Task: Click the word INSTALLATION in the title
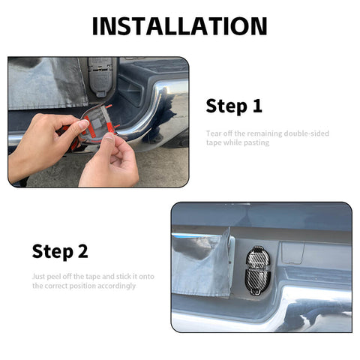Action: (179, 25)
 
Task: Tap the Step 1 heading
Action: (234, 106)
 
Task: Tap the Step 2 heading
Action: (60, 251)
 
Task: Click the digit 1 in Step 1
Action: (257, 106)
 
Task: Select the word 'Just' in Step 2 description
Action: (39, 276)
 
